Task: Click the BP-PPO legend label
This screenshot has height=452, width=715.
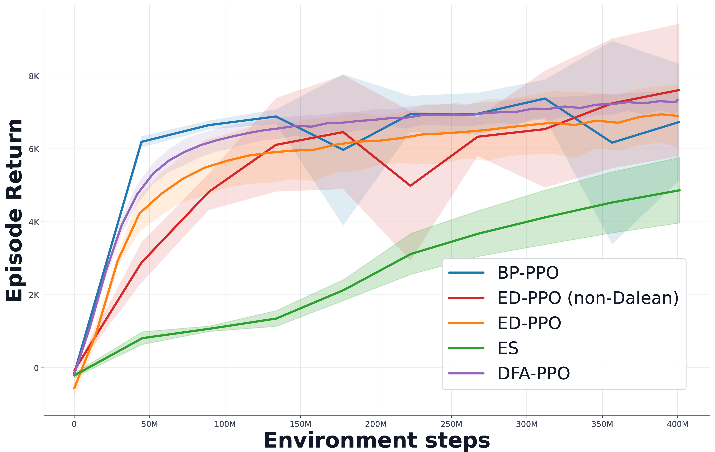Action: [x=528, y=273]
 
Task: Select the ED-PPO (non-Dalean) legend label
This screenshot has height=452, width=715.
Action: [x=588, y=298]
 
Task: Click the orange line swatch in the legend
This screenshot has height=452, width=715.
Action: [x=466, y=323]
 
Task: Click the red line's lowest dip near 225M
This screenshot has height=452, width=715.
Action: [x=410, y=186]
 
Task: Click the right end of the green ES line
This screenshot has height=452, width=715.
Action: [x=679, y=190]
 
